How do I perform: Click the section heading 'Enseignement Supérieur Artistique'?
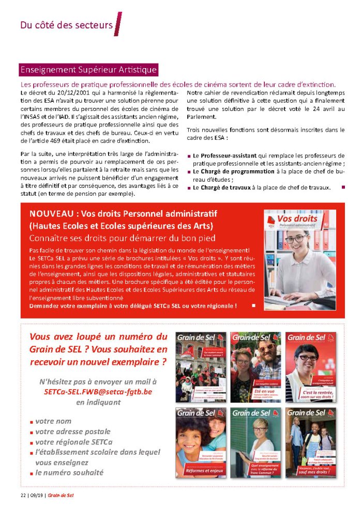(x=88, y=70)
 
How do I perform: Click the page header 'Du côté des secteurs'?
(x=66, y=25)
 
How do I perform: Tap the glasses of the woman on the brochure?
(x=295, y=239)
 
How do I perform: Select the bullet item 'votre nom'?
(x=53, y=421)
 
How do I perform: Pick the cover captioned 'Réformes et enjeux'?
(x=201, y=442)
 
